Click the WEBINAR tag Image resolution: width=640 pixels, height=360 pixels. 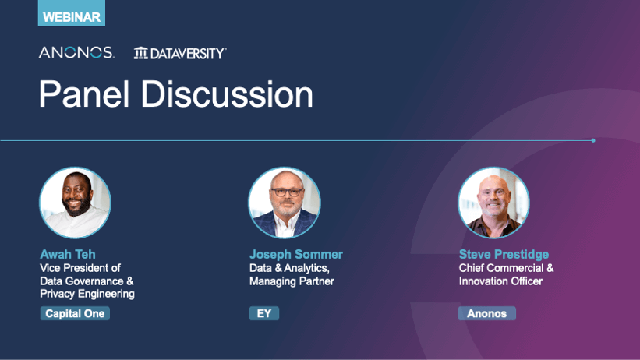coord(72,13)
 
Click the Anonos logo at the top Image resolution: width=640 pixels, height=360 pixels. coord(76,53)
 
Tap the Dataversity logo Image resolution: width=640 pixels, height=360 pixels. coord(180,53)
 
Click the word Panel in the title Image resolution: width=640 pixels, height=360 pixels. coord(84,94)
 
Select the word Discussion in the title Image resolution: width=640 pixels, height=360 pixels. coord(227,94)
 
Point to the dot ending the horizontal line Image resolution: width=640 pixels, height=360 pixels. coord(593,140)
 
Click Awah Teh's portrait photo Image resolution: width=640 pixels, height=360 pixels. coord(75,203)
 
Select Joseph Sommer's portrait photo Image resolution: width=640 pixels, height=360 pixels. coord(285,203)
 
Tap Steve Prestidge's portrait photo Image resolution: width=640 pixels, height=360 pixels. coord(494,203)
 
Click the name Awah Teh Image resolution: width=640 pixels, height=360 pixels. coord(68,254)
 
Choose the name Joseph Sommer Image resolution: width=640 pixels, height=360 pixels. coord(296,254)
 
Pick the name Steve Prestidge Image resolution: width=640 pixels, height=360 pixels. coord(504,254)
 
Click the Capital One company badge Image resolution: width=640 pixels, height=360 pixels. coord(75,313)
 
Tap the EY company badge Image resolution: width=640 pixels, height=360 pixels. coord(264,313)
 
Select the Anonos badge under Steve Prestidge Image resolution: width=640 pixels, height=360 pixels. coord(487,313)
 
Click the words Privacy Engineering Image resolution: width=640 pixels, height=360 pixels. coord(87,294)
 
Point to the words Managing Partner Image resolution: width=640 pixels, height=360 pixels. coord(292,281)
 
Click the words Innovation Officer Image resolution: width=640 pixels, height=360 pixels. coord(500,281)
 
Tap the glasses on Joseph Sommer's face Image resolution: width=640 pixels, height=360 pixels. coord(288,192)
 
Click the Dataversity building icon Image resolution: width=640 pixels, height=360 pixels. coord(141,53)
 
